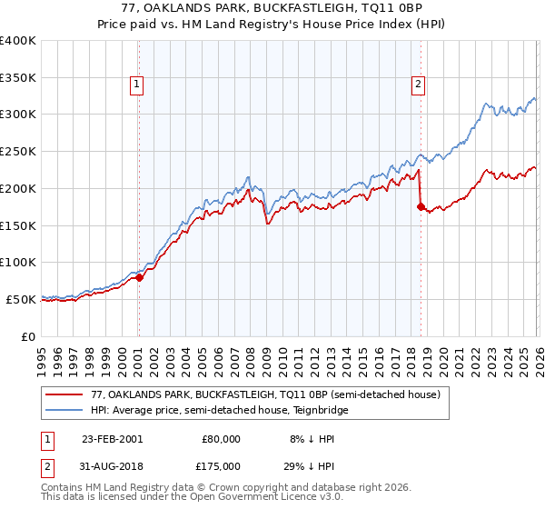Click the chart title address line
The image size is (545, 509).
(272, 10)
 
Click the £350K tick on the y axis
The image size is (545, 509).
(18, 77)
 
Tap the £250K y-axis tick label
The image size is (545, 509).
(18, 151)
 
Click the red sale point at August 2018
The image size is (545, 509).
(420, 206)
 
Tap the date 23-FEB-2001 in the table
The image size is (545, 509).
(112, 438)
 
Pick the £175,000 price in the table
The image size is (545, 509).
(221, 464)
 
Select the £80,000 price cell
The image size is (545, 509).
(221, 438)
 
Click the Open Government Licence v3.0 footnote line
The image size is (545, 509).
(193, 499)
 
